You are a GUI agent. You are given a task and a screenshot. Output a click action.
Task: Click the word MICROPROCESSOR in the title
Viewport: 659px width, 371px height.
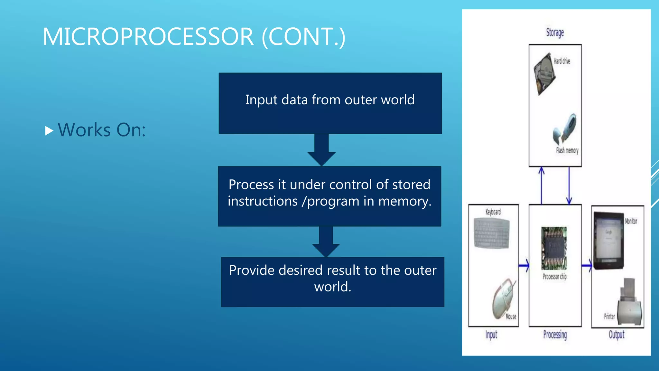coord(148,37)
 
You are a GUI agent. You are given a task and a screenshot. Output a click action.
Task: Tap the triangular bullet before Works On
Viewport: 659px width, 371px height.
coord(49,131)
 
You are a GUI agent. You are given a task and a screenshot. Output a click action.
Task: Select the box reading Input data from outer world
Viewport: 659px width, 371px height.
coord(330,103)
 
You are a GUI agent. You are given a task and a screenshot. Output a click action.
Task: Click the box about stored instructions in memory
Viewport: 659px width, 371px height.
coord(329,196)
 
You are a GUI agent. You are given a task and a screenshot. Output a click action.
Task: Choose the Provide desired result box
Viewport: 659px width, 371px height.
coord(332,282)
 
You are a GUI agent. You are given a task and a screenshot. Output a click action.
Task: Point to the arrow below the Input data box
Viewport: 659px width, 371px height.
coord(321,150)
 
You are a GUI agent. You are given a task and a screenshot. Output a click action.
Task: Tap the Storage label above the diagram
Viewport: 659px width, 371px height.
coord(555,33)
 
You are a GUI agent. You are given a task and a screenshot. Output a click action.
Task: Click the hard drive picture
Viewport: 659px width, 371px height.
coord(544,74)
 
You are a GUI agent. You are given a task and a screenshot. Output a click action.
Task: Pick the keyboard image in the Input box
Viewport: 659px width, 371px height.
coord(492,233)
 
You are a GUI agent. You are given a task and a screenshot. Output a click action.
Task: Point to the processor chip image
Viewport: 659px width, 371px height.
coord(554,248)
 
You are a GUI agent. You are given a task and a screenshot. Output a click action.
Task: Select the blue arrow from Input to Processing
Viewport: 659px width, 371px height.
coord(524,266)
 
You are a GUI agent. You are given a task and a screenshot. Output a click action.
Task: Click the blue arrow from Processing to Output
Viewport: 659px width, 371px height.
coord(587,266)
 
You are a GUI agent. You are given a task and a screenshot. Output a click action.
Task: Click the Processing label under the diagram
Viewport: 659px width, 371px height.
coord(555,335)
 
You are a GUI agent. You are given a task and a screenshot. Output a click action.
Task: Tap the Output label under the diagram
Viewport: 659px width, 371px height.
coord(616,335)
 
